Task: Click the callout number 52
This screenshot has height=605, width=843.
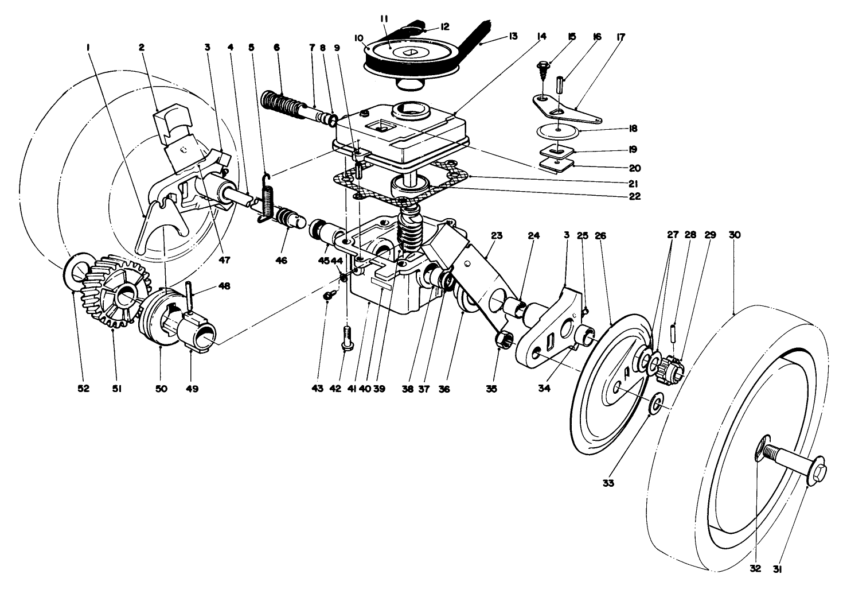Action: pyautogui.click(x=84, y=389)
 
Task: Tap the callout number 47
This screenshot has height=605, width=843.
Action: pyautogui.click(x=224, y=260)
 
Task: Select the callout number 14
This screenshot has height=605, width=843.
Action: pyautogui.click(x=541, y=36)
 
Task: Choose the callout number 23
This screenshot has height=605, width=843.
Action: pyautogui.click(x=497, y=235)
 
